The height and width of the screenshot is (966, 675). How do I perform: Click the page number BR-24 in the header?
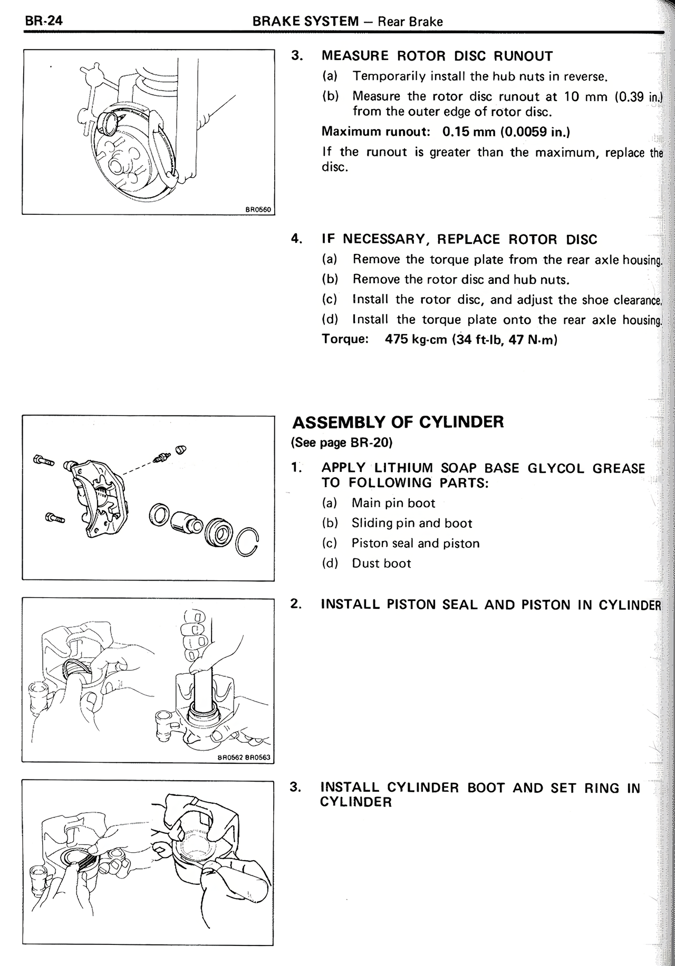pos(43,21)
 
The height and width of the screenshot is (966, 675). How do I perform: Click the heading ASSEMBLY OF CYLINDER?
pos(398,422)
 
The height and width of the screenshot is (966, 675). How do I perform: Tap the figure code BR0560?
pos(258,209)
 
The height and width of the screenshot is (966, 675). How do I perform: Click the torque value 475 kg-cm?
pos(417,339)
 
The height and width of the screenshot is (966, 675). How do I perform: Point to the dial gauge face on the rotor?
pos(109,122)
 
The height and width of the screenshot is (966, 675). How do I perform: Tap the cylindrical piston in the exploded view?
pos(185,521)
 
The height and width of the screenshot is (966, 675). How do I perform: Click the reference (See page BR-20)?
pos(342,442)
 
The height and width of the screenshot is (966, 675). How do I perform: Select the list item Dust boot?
pos(381,563)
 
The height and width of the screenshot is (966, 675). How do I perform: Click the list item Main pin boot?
pos(393,503)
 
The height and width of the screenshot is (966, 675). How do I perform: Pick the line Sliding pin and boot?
pos(412,523)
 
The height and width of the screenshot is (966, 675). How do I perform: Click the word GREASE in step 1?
pos(618,468)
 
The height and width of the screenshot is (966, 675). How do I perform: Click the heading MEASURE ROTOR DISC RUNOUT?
pos(437,56)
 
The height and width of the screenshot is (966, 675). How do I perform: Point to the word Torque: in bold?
pos(345,339)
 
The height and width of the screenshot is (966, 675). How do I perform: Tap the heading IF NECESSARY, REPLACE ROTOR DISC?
pos(459,240)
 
